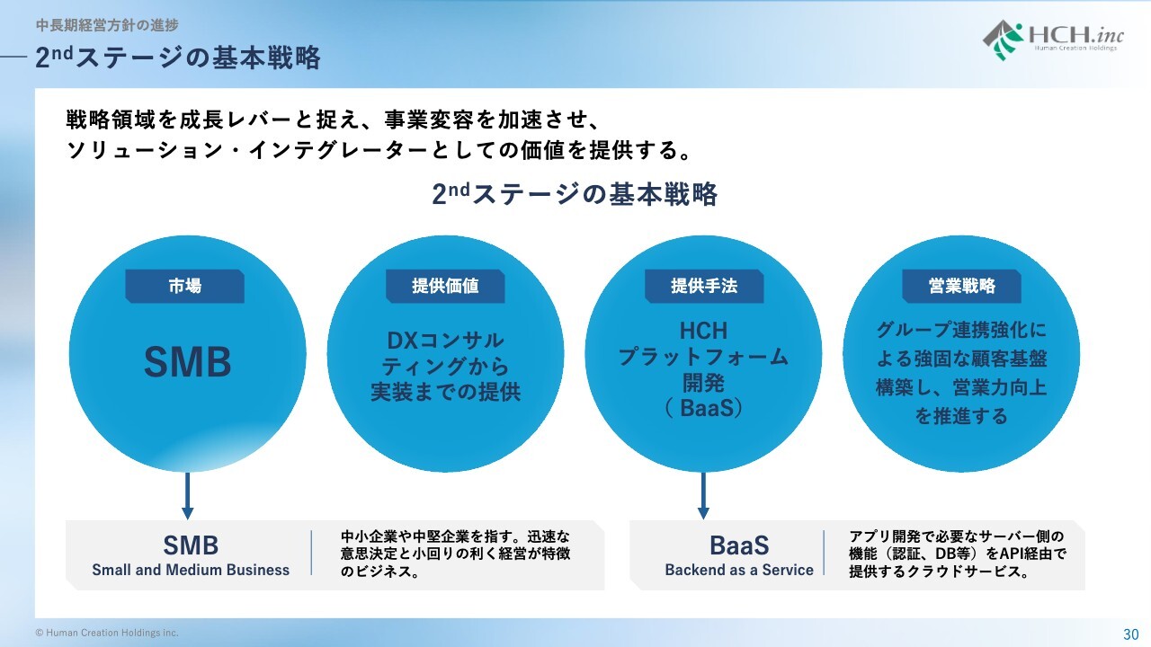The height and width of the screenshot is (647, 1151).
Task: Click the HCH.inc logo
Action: (x=1051, y=39)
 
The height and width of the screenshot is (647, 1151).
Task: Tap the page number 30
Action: (x=1130, y=633)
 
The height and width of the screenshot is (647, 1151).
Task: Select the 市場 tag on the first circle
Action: (x=184, y=286)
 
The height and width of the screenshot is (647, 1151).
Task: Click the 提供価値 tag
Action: (x=445, y=286)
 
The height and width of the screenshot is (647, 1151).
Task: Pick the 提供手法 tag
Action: (x=704, y=286)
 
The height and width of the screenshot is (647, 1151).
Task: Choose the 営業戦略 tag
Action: (x=962, y=286)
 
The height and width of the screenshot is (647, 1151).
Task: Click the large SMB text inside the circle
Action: (x=188, y=362)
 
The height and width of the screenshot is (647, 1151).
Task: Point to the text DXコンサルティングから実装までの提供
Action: (x=445, y=367)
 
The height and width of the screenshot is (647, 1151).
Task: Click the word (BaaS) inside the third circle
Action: (x=703, y=408)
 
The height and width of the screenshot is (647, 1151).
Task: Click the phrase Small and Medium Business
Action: (x=191, y=570)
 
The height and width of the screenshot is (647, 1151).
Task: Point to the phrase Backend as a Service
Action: (x=739, y=570)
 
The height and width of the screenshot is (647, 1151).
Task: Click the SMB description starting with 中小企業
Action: (x=456, y=553)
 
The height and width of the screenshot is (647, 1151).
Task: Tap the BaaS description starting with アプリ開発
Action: (x=958, y=553)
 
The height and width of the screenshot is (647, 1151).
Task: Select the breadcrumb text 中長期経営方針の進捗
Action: (x=107, y=25)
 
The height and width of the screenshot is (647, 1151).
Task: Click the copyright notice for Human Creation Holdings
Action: (x=107, y=633)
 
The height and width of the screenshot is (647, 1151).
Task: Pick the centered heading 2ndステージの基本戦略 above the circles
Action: (x=575, y=194)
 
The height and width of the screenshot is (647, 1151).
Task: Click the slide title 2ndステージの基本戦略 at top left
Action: (x=178, y=58)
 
